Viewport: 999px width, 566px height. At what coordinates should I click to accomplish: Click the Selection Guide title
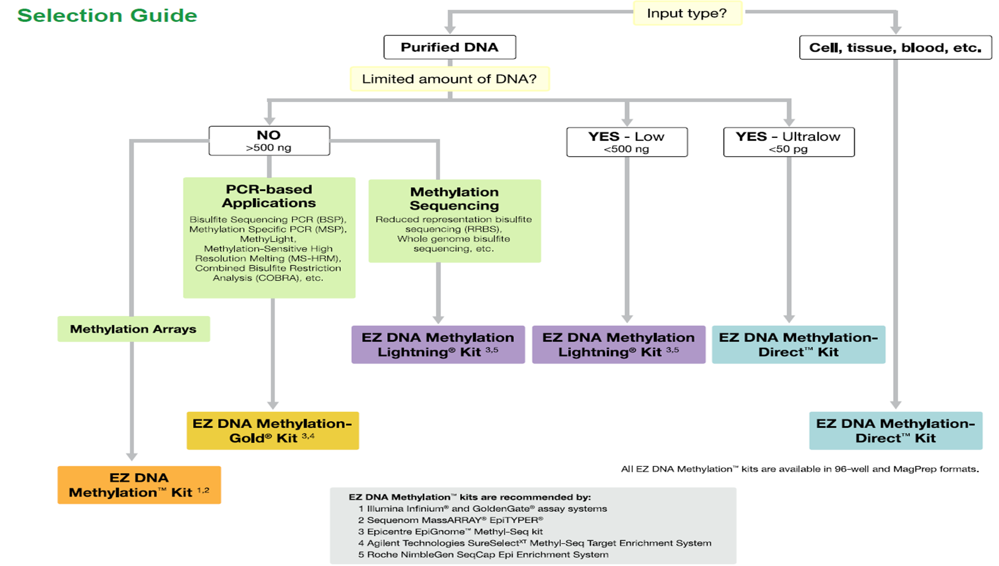(x=107, y=15)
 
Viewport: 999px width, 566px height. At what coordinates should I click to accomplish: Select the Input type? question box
(x=687, y=14)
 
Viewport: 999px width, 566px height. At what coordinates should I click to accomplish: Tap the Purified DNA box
(x=449, y=48)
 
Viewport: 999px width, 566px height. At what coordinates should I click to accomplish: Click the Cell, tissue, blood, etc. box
(x=895, y=48)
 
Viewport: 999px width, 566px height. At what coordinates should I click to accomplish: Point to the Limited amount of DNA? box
(x=449, y=79)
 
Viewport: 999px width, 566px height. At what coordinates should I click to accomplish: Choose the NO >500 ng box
(x=269, y=141)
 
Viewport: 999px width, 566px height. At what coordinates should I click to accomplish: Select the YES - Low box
(x=626, y=142)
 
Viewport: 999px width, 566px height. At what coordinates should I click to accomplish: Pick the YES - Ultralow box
(x=788, y=142)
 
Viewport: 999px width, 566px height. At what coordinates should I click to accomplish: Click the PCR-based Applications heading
(x=269, y=196)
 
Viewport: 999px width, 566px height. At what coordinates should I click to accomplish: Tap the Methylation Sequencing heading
(x=454, y=199)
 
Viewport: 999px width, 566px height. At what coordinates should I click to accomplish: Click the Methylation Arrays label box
(x=133, y=329)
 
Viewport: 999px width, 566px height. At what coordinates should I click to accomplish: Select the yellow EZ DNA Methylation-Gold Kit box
(x=272, y=431)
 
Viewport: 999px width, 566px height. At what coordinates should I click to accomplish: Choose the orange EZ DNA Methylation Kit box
(x=139, y=485)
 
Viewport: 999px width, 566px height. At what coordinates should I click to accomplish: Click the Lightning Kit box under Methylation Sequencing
(x=438, y=345)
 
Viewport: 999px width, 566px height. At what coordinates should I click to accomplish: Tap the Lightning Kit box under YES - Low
(x=619, y=345)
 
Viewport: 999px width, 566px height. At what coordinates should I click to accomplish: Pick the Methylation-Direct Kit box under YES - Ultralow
(x=798, y=345)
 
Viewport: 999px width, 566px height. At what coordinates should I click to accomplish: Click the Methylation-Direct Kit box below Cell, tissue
(x=895, y=431)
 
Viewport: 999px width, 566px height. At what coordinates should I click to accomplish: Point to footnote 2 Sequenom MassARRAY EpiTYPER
(x=450, y=520)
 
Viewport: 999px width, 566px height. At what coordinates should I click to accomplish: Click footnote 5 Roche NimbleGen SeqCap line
(x=483, y=555)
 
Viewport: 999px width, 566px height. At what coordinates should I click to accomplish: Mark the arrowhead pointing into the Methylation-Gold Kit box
(x=272, y=405)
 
